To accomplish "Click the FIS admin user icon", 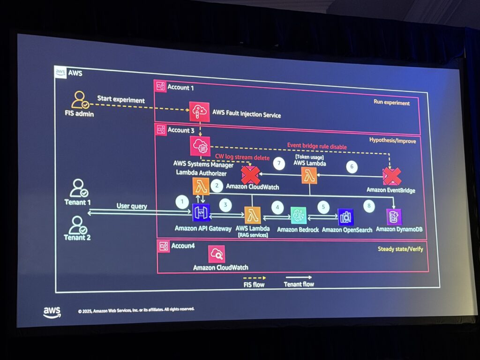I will click(x=80, y=99).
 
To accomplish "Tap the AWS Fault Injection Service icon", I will click(x=198, y=111).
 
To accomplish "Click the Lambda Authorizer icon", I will click(x=201, y=187).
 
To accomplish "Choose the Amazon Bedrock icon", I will click(x=298, y=216).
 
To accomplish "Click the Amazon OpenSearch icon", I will click(x=346, y=217).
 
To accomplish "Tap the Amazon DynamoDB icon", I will click(x=394, y=217).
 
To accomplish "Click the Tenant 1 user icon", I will click(x=78, y=188).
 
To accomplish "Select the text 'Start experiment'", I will click(x=121, y=99).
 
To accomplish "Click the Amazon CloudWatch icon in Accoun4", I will click(x=217, y=254).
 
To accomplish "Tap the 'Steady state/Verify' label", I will click(x=400, y=249).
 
